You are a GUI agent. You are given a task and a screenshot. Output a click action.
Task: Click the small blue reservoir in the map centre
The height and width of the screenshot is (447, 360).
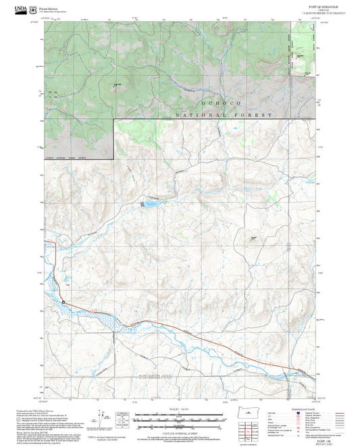pos(150,203)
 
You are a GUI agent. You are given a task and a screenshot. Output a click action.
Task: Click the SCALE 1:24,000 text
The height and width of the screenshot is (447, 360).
pos(180,409)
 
